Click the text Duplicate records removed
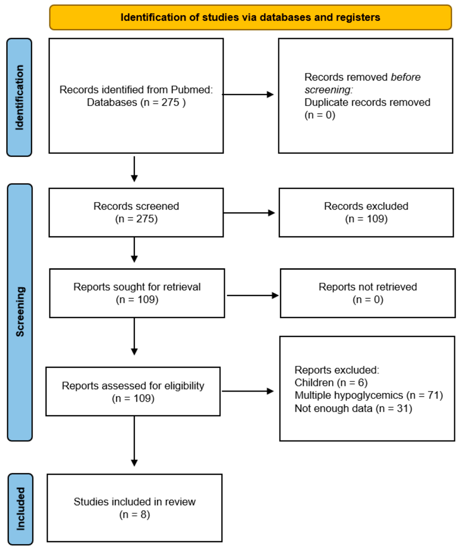367,102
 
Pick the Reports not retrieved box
368,293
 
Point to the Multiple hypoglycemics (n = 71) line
369,395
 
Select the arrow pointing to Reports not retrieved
252,295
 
